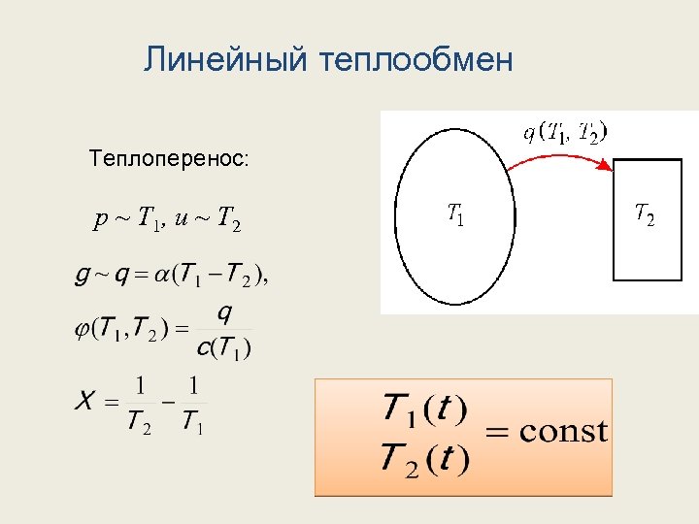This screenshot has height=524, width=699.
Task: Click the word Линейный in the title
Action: pyautogui.click(x=224, y=60)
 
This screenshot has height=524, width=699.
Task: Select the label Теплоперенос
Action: pyautogui.click(x=168, y=156)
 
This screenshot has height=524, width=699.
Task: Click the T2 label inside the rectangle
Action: pyautogui.click(x=644, y=213)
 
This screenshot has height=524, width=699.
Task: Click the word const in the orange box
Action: pyautogui.click(x=564, y=430)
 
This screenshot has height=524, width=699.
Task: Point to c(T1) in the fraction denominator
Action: pyautogui.click(x=223, y=346)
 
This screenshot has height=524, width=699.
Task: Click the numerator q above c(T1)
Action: pyautogui.click(x=224, y=313)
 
